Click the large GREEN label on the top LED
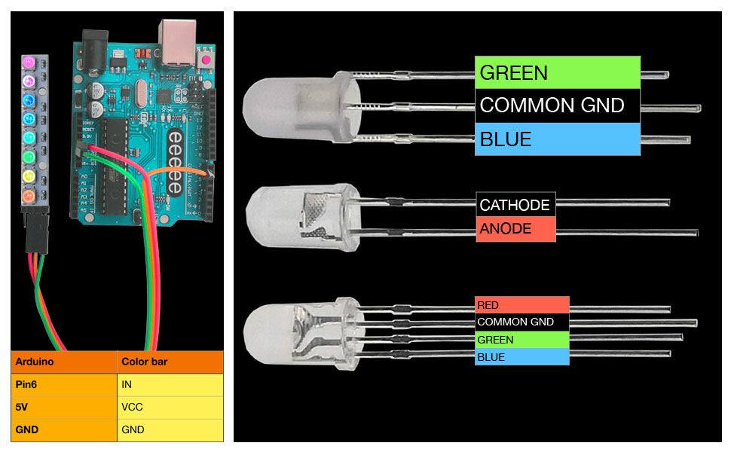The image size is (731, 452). pyautogui.click(x=557, y=72)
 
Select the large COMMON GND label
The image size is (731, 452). pyautogui.click(x=557, y=105)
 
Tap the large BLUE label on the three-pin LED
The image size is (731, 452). pyautogui.click(x=557, y=139)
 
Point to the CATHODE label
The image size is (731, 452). pyautogui.click(x=515, y=204)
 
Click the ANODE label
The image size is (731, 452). pyautogui.click(x=515, y=229)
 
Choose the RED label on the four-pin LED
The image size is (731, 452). pyautogui.click(x=521, y=305)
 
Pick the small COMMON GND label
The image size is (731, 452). pyautogui.click(x=521, y=322)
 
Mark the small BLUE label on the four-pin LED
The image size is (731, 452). pyautogui.click(x=521, y=357)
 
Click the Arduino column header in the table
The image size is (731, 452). pyautogui.click(x=63, y=362)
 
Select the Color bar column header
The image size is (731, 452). pyautogui.click(x=170, y=362)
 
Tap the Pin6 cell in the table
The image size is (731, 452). pyautogui.click(x=63, y=384)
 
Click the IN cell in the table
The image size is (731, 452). pyautogui.click(x=170, y=384)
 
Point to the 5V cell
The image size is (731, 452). pyautogui.click(x=63, y=407)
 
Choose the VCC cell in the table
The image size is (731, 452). pyautogui.click(x=170, y=407)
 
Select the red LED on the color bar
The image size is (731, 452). pyautogui.click(x=29, y=197)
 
